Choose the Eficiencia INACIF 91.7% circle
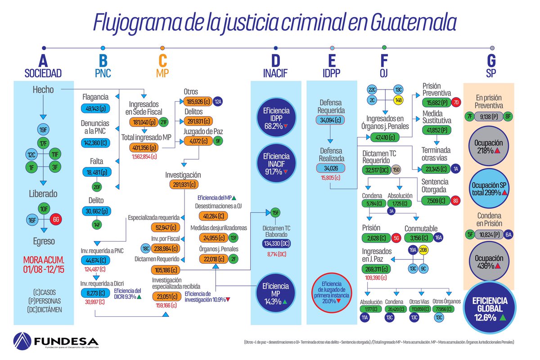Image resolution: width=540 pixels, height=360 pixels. (275, 164)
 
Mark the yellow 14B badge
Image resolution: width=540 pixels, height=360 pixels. (399, 100)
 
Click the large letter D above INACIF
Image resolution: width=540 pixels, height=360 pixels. (275, 61)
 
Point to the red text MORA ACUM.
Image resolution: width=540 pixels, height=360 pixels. (44, 260)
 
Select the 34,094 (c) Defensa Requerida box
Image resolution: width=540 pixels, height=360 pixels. (332, 120)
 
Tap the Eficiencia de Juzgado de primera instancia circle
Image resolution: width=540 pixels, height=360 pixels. (332, 295)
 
